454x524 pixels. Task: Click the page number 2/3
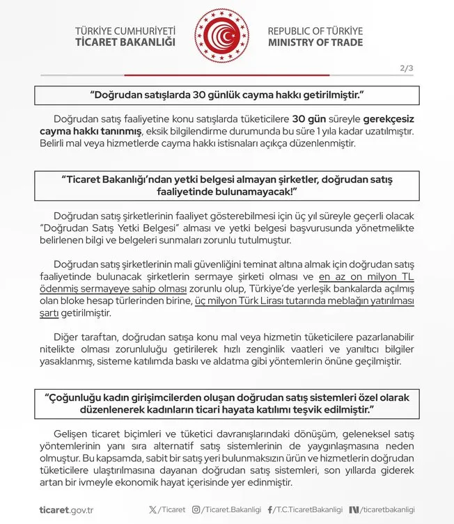pos(407,68)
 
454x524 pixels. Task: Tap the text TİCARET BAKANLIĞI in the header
pos(125,42)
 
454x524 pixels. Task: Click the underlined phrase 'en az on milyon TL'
pos(363,276)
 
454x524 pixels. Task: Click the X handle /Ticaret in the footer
pos(169,509)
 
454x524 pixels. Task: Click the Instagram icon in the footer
pos(197,509)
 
